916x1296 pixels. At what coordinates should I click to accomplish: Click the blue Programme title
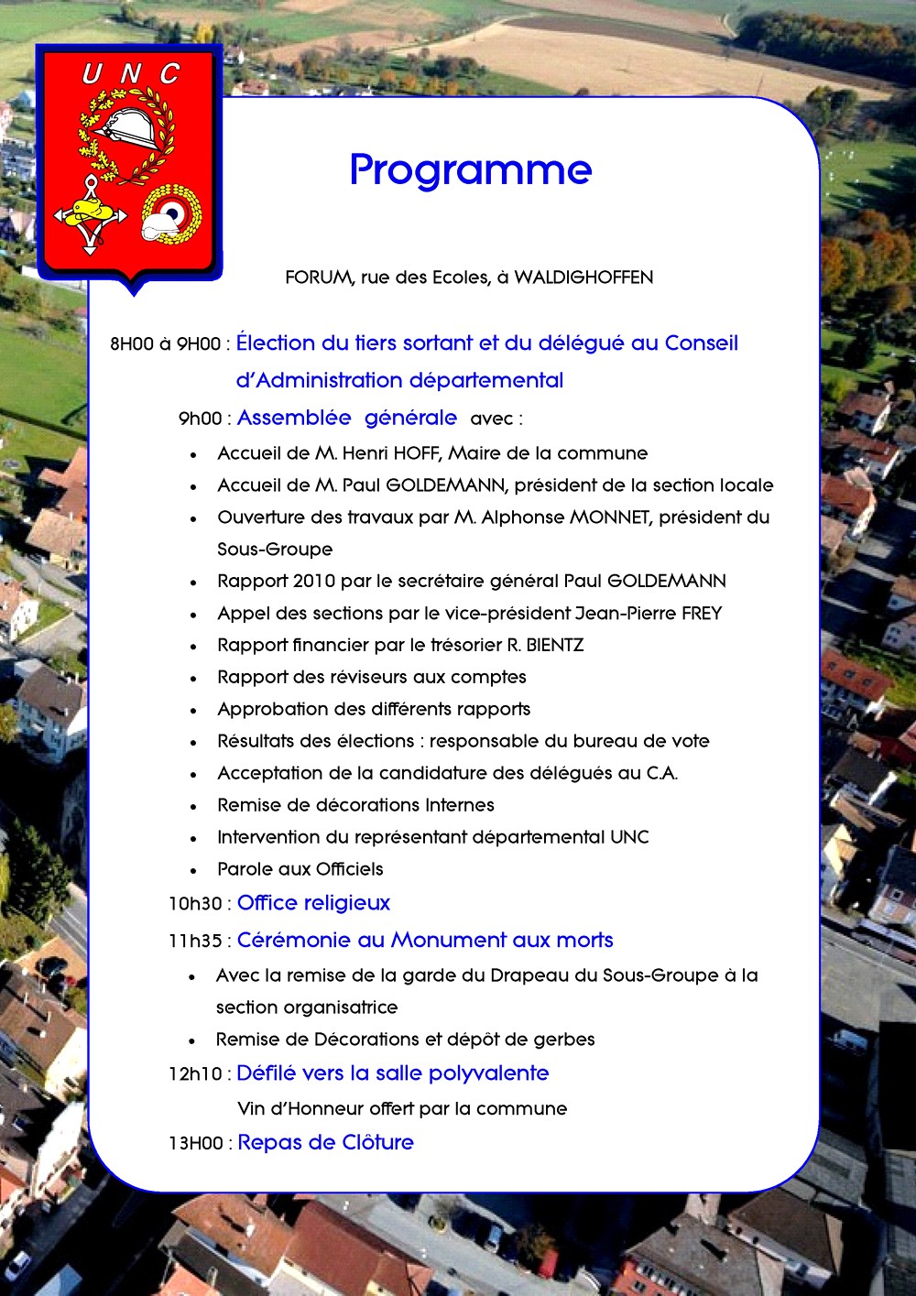(x=471, y=170)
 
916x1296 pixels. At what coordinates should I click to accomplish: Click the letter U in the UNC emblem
(x=92, y=74)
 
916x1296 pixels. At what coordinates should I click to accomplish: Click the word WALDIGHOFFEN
(x=583, y=278)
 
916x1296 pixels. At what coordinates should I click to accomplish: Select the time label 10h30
(x=194, y=904)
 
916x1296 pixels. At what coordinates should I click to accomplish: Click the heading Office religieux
(x=313, y=903)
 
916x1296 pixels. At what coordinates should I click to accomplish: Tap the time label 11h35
(x=194, y=942)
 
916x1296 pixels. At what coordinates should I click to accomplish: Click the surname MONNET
(x=610, y=517)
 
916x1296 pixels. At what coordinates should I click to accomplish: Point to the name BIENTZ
(x=554, y=646)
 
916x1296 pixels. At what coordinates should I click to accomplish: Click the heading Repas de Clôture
(x=325, y=1143)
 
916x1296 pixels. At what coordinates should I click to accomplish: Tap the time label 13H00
(x=195, y=1144)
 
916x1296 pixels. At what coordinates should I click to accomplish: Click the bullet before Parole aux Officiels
(x=193, y=871)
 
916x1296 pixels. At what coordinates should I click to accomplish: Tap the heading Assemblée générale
(x=346, y=419)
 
